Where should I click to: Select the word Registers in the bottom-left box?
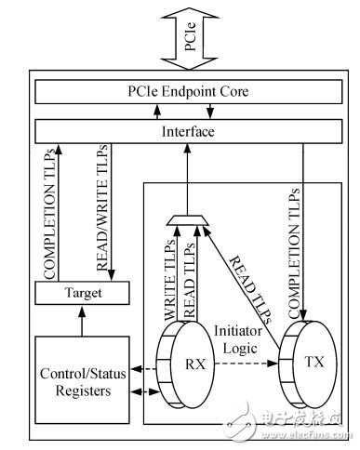point(83,390)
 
